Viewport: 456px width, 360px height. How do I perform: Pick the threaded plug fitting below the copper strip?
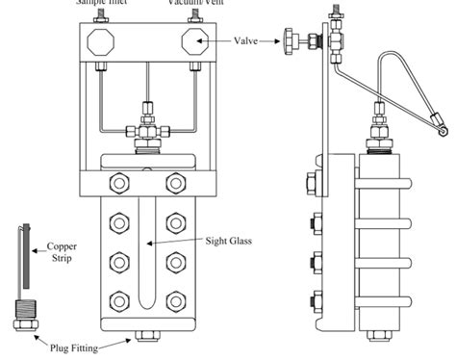[22, 311]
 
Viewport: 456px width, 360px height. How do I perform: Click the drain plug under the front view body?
[148, 335]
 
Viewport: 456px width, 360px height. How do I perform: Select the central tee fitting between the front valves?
[149, 125]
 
